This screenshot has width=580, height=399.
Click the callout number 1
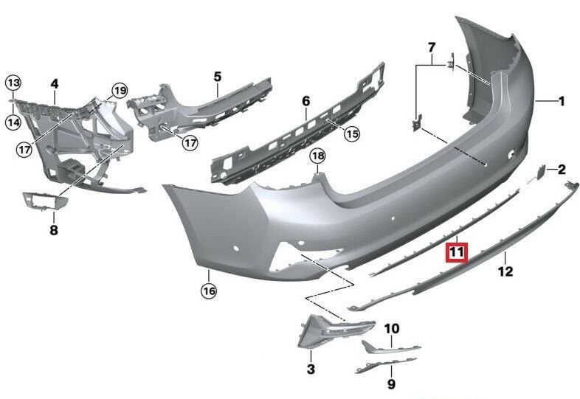[561, 102]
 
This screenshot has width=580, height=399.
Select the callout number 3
[311, 368]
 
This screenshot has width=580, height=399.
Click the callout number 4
[55, 84]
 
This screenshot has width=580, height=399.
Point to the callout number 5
[218, 76]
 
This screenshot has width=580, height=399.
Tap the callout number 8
[53, 230]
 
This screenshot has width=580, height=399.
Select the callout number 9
[391, 384]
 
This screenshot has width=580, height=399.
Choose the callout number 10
[391, 327]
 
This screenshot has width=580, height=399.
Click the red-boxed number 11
[457, 253]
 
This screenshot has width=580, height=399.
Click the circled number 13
[15, 82]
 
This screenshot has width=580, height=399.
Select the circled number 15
[351, 133]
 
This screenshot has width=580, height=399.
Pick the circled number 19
[119, 91]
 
